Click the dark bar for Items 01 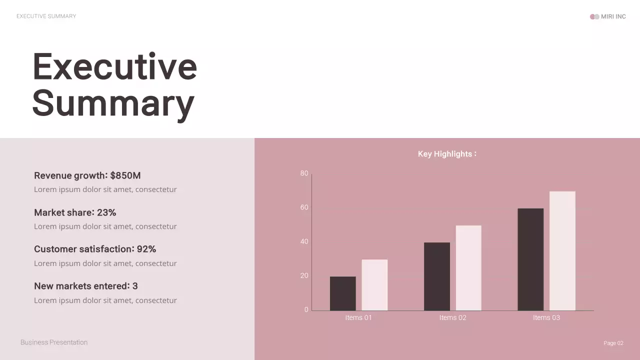click(343, 293)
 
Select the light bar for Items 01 click(374, 285)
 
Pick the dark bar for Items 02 click(437, 276)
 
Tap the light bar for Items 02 click(468, 268)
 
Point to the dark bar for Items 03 click(530, 259)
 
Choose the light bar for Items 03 click(562, 251)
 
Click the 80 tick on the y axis click(304, 173)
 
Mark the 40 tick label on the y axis click(304, 241)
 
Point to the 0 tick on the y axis click(306, 309)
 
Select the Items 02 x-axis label click(452, 317)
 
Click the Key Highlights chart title click(447, 154)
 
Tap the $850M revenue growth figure click(125, 175)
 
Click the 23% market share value click(106, 212)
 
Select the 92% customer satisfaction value click(146, 249)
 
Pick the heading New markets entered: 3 click(86, 286)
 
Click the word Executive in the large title click(114, 66)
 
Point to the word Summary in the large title click(113, 102)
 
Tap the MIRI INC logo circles click(594, 16)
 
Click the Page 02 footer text click(613, 343)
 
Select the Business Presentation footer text click(54, 342)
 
